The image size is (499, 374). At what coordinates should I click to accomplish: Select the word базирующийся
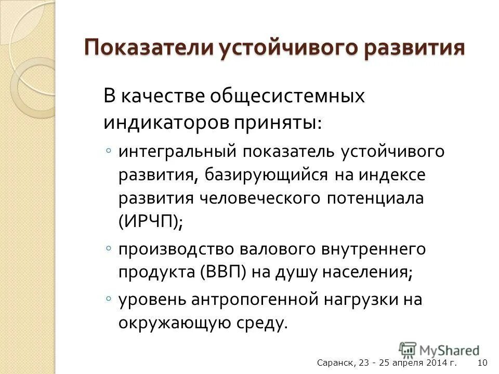click(x=262, y=175)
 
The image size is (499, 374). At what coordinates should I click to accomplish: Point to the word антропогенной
click(x=252, y=299)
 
